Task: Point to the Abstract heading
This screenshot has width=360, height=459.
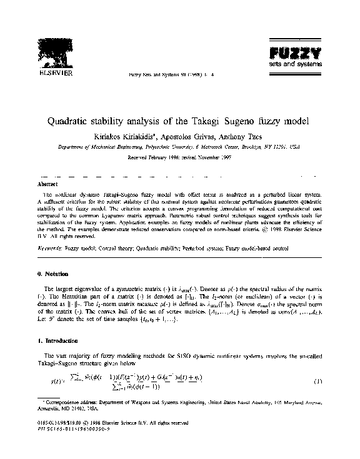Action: (x=48, y=185)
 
